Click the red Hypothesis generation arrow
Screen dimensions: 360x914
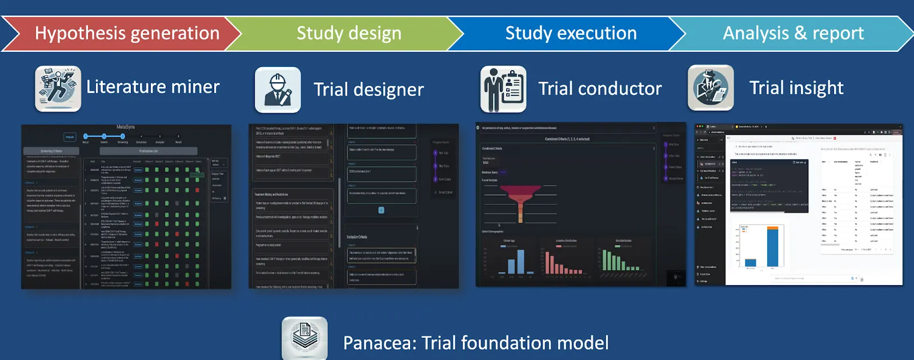click(x=127, y=33)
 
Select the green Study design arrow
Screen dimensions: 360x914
click(x=348, y=33)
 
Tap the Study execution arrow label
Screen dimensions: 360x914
click(x=571, y=33)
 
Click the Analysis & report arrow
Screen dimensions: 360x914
click(x=793, y=33)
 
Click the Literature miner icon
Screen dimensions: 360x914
click(x=58, y=89)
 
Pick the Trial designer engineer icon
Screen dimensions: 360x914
click(x=278, y=90)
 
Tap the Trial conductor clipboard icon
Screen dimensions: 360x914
click(x=503, y=89)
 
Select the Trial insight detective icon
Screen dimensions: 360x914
click(x=711, y=88)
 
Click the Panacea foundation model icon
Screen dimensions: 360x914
click(x=304, y=338)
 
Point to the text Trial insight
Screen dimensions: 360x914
click(x=796, y=88)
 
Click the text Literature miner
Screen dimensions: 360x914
click(x=153, y=87)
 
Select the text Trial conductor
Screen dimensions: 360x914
click(x=600, y=89)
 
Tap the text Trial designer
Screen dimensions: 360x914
click(x=368, y=90)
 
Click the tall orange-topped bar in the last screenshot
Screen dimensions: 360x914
click(x=772, y=246)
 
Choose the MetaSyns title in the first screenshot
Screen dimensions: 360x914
click(x=126, y=127)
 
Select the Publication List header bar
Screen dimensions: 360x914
click(x=149, y=151)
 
